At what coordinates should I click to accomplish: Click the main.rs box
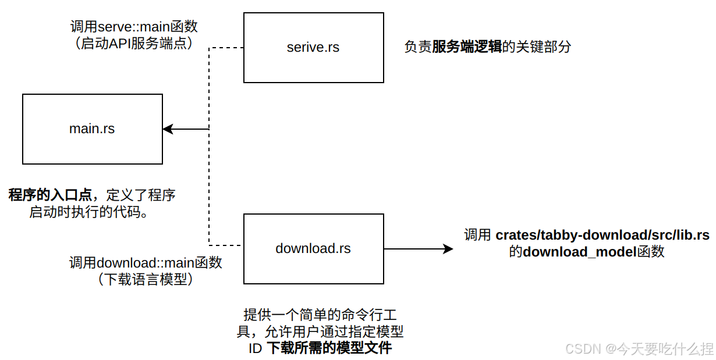(92, 129)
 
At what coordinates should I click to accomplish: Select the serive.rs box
(313, 48)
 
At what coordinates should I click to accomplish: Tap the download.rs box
(313, 249)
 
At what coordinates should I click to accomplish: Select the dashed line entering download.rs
(226, 244)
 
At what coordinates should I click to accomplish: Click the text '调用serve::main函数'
(134, 27)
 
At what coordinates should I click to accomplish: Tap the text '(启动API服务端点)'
(134, 44)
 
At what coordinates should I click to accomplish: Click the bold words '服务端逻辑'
(467, 47)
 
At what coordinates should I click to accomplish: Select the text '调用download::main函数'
(146, 263)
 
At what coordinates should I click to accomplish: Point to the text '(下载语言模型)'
(146, 280)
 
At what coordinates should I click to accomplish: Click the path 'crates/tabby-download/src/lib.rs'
(602, 236)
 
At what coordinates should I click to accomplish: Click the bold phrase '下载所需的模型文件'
(329, 348)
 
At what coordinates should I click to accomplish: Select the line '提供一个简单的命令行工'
(320, 315)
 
